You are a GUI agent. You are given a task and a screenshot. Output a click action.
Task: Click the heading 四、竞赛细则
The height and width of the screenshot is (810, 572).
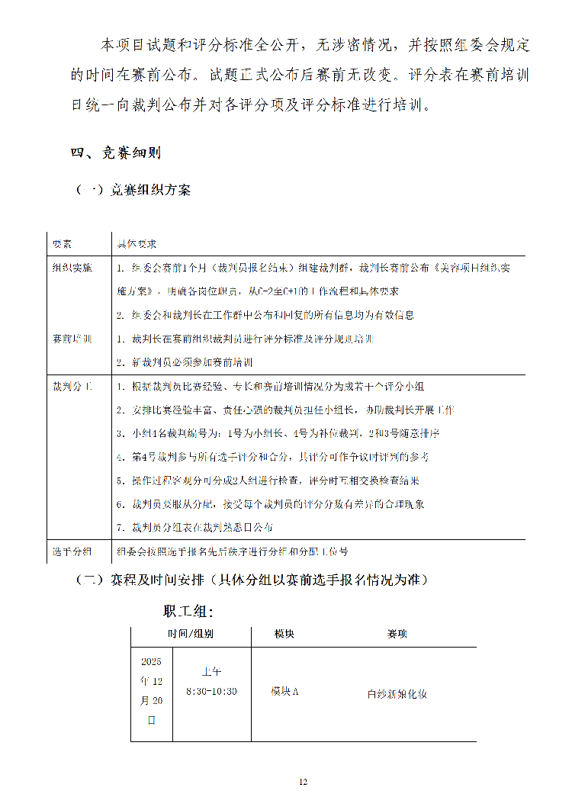[x=115, y=153]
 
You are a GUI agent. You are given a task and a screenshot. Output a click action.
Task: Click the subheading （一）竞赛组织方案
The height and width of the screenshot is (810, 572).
[x=132, y=190]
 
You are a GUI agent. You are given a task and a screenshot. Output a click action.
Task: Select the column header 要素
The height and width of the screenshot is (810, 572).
[x=62, y=244]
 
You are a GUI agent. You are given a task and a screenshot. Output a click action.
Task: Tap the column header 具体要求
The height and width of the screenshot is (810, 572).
[x=137, y=244]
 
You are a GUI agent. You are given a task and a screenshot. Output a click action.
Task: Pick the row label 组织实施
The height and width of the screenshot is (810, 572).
[x=72, y=268]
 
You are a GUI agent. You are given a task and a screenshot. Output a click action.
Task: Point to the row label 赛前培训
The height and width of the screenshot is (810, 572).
[x=72, y=339]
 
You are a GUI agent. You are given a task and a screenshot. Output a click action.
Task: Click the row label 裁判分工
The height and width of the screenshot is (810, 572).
[x=72, y=387]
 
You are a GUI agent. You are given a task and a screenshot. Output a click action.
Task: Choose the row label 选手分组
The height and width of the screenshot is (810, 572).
[x=72, y=551]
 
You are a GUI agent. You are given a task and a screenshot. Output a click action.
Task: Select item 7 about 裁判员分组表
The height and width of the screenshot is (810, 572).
[x=194, y=527]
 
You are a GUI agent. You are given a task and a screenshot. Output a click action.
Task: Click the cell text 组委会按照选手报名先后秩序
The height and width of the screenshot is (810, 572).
[x=232, y=551]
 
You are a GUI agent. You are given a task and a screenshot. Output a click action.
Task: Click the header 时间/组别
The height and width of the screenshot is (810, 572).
[x=191, y=634]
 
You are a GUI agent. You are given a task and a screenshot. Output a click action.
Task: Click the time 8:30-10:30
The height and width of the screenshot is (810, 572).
[x=211, y=691]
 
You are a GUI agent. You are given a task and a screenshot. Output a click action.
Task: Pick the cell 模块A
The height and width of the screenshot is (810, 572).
[x=284, y=691]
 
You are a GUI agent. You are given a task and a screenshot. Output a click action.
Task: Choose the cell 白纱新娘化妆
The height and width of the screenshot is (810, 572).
[x=397, y=694]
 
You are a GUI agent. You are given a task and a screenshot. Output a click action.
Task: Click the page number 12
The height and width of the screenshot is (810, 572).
[x=303, y=782]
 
